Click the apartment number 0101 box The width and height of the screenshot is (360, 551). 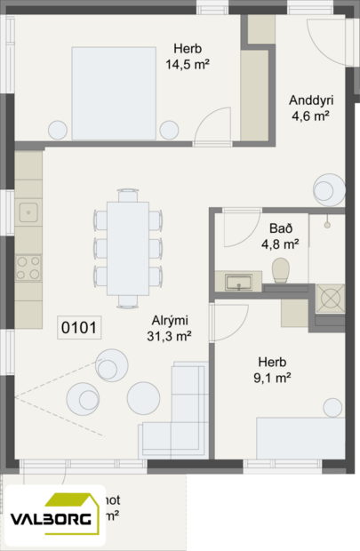(x=79, y=328)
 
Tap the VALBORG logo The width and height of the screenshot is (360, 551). (x=55, y=518)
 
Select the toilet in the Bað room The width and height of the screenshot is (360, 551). (x=282, y=269)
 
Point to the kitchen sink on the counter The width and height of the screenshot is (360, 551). (x=29, y=212)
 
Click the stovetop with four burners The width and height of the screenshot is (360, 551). (x=28, y=265)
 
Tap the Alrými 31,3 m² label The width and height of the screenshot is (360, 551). (x=169, y=328)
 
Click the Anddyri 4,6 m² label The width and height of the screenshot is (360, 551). (x=310, y=108)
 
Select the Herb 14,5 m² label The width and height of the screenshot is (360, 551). (x=187, y=57)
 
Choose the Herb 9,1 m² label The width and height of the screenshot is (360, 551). (x=273, y=370)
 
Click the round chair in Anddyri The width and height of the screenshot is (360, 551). (x=326, y=189)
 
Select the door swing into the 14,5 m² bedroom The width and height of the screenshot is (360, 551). (x=213, y=129)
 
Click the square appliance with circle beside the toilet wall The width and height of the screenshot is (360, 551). (x=330, y=298)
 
